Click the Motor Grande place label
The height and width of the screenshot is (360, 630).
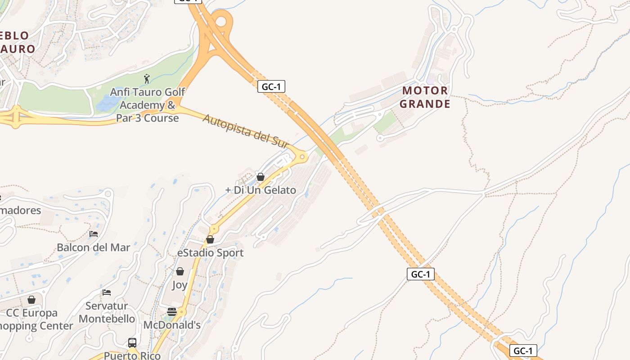(x=425, y=97)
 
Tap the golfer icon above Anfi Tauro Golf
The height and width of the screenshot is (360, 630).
(x=147, y=79)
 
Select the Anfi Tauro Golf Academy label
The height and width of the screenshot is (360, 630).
(x=148, y=105)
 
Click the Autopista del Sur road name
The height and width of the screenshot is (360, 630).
(x=245, y=131)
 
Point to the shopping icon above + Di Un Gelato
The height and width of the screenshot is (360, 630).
(x=260, y=177)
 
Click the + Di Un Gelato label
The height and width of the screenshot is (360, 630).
(x=261, y=190)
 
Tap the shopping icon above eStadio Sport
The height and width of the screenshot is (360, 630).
(x=210, y=239)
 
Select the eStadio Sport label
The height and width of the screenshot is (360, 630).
(x=210, y=252)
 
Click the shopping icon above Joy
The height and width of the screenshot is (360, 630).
(x=180, y=271)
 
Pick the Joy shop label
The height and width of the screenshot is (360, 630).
(x=180, y=285)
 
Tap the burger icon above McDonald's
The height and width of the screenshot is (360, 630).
(x=171, y=312)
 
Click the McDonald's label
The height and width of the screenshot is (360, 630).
(x=172, y=325)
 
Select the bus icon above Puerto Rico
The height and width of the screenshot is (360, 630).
(x=132, y=343)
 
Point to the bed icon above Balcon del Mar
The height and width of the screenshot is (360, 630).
(x=94, y=234)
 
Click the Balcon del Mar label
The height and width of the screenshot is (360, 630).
(x=94, y=247)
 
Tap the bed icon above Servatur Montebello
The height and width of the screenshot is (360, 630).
(x=107, y=292)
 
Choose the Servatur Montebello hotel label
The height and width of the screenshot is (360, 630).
(x=107, y=312)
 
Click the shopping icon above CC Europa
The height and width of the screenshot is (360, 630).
(x=31, y=300)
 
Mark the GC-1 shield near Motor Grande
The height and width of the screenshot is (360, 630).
(x=271, y=86)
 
